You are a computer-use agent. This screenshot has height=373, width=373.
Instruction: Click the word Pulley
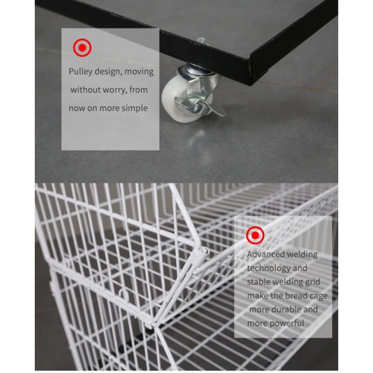coord(81,72)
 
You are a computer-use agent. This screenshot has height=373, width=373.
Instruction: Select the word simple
coord(137,108)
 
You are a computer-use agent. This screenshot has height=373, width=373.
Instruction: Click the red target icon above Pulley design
coord(82,48)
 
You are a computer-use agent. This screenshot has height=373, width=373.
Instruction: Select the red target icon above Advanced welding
coord(255,235)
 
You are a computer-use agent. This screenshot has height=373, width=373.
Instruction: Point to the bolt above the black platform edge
coord(201,41)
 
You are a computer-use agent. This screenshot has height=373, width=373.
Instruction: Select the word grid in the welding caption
coord(312,283)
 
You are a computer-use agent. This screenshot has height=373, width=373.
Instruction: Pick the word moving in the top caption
coord(139,72)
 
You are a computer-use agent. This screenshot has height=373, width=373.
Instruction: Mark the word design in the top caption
coord(108,72)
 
